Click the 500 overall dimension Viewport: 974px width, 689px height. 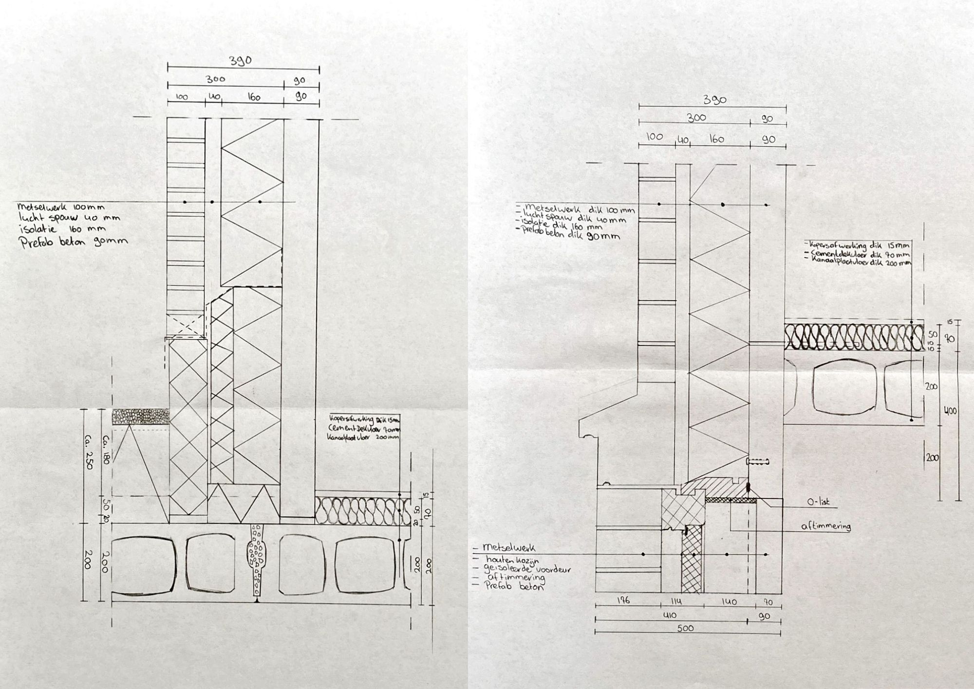click(x=685, y=628)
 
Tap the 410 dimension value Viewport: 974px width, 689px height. click(x=670, y=615)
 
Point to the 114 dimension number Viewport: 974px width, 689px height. click(x=676, y=601)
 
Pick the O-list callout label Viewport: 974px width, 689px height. click(x=818, y=501)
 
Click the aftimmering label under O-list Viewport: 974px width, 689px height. click(x=826, y=526)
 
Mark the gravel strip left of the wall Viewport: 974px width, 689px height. click(x=141, y=417)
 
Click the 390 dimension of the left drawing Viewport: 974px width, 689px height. click(x=241, y=60)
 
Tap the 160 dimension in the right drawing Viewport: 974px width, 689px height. click(x=716, y=139)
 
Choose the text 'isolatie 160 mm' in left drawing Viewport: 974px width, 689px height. click(x=63, y=229)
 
